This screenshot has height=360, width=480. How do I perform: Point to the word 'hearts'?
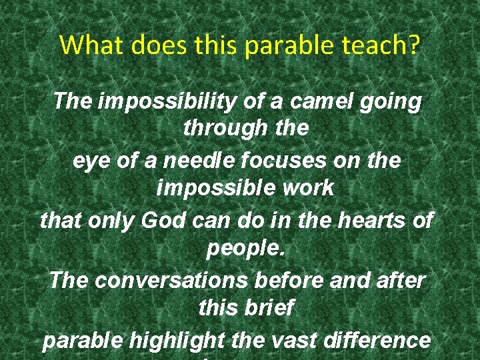[x=363, y=220]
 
